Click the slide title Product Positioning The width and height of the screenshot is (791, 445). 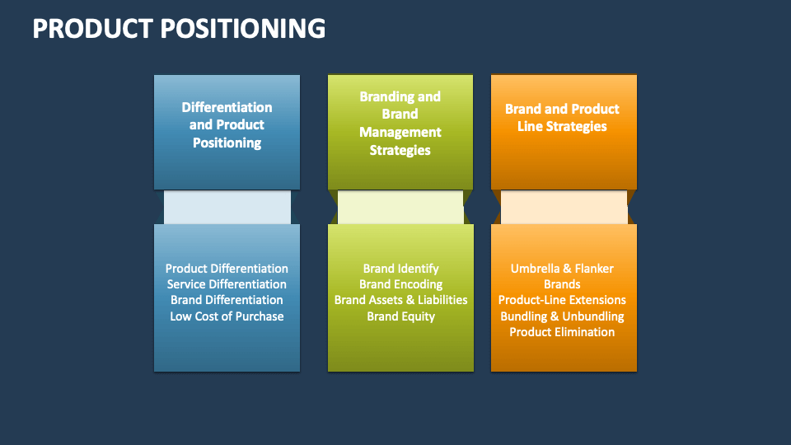coord(179,28)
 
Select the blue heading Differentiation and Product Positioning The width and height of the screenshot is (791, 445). coord(227,125)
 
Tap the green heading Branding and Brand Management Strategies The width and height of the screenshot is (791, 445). coord(400,124)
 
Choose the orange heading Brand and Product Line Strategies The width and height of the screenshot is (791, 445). coord(562,118)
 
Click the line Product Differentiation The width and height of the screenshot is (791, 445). coord(227,269)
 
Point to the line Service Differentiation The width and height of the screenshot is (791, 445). coord(227,284)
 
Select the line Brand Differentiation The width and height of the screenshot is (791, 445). coord(227,300)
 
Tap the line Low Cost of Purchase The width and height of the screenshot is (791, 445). coord(227,316)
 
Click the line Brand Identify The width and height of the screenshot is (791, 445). coord(400,269)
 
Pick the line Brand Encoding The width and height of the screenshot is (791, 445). coord(400,284)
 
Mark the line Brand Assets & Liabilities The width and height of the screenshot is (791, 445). coord(400,300)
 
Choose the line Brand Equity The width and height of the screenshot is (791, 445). coord(400,316)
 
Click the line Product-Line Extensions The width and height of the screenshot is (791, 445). coord(562,300)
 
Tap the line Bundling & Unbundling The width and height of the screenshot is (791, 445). coord(562,316)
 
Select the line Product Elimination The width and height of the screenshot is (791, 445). coord(562,332)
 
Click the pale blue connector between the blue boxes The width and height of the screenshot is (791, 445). coord(227,208)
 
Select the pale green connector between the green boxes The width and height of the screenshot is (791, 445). coord(400,208)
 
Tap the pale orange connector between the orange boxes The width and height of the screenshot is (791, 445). coord(564,208)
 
